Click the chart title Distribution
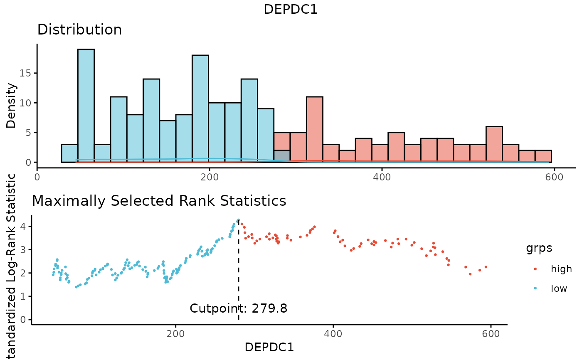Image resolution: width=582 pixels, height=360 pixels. pos(79,30)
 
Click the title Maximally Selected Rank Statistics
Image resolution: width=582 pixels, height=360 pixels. pos(159,201)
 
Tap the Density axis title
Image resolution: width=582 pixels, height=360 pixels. pos(12,106)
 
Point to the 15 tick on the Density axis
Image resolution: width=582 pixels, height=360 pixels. pos(26,73)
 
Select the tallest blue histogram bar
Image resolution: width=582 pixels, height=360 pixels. pos(86,106)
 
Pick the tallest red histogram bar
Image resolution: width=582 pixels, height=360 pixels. pos(314,129)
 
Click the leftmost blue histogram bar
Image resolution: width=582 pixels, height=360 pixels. pos(69,153)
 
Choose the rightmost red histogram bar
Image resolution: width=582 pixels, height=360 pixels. pos(543,156)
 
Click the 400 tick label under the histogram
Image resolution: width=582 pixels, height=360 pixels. pos(382,176)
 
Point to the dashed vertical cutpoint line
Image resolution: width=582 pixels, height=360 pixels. pos(239,270)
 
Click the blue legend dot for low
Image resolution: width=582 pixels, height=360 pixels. pos(535,288)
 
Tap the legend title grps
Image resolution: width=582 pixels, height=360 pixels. pos(539,249)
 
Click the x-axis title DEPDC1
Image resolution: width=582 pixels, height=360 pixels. pos(269,347)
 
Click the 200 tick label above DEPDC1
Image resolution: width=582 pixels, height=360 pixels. pos(175,333)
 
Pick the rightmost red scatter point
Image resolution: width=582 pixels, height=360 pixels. pos(486,267)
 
